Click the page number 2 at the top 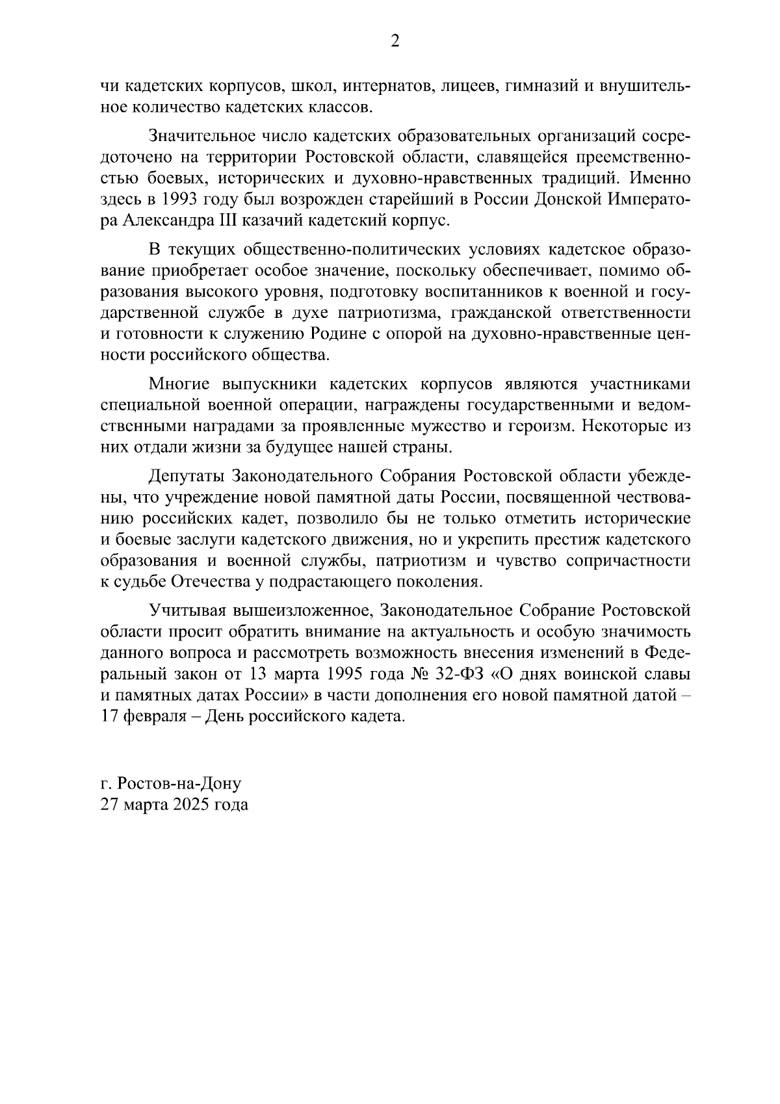(394, 42)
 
